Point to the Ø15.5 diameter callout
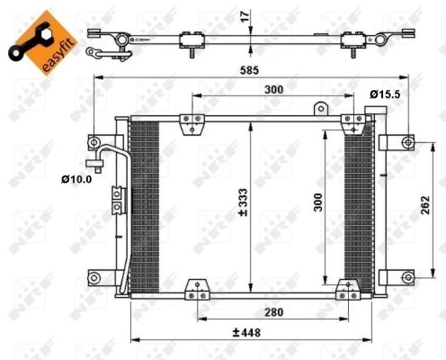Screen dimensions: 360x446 (x=384, y=93)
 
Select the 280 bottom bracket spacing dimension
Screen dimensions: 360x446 (x=266, y=312)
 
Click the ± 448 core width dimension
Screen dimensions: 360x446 (x=248, y=332)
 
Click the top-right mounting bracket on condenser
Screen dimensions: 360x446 (x=353, y=123)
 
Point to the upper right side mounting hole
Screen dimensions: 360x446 (x=408, y=142)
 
